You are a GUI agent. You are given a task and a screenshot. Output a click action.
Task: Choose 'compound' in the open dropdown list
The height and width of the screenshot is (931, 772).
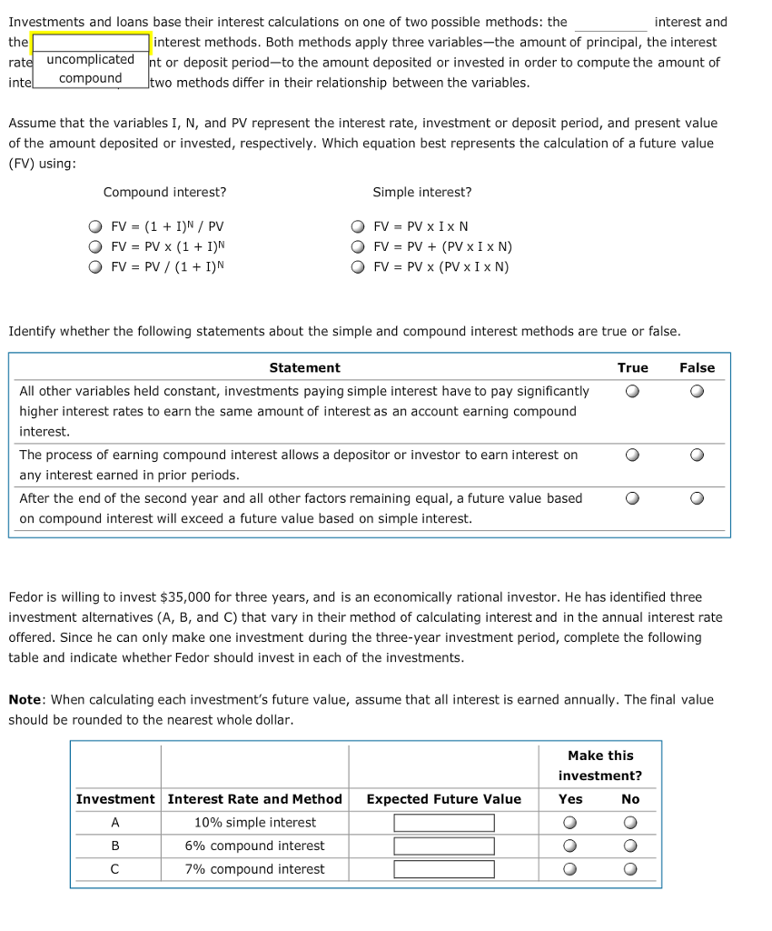click(x=90, y=78)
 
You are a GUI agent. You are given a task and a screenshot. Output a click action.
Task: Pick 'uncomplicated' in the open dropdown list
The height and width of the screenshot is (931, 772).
click(x=90, y=59)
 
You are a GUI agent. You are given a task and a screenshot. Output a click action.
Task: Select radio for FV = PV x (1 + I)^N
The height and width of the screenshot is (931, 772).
click(x=95, y=246)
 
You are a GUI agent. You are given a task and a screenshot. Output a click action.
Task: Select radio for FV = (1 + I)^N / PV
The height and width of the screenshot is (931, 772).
click(x=95, y=226)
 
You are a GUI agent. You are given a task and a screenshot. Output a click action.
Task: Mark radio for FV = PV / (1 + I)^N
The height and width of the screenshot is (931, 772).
click(x=95, y=266)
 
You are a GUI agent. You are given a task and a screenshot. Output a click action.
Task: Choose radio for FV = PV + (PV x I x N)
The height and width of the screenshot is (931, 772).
click(x=358, y=246)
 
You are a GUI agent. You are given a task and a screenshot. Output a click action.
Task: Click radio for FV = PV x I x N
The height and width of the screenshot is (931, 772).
click(x=358, y=226)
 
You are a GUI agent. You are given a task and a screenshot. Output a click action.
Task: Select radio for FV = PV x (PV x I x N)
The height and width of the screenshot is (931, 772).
click(x=358, y=266)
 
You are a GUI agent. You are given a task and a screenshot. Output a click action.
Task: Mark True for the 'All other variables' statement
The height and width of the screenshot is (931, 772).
click(x=632, y=392)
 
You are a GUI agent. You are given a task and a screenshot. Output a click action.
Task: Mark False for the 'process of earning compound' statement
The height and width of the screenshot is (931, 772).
click(x=697, y=455)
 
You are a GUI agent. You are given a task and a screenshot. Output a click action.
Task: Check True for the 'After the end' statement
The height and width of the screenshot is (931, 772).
click(x=632, y=498)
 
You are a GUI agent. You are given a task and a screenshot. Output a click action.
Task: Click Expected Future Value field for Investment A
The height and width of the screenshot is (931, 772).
click(x=444, y=823)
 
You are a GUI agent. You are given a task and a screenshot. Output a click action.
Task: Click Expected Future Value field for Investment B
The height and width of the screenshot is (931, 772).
click(x=444, y=846)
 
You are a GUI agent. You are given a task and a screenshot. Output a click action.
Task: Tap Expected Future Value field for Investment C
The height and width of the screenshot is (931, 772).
click(x=444, y=869)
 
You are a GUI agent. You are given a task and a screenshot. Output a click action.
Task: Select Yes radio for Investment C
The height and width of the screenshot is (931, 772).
click(x=570, y=869)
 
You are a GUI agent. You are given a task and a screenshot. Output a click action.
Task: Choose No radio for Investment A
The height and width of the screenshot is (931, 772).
click(x=630, y=823)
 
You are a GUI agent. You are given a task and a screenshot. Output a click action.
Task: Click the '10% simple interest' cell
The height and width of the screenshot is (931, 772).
click(x=255, y=823)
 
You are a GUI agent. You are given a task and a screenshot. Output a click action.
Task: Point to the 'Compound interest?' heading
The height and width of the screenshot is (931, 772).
click(x=165, y=192)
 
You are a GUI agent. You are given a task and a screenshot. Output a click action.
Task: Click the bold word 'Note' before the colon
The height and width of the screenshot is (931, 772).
click(x=25, y=699)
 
